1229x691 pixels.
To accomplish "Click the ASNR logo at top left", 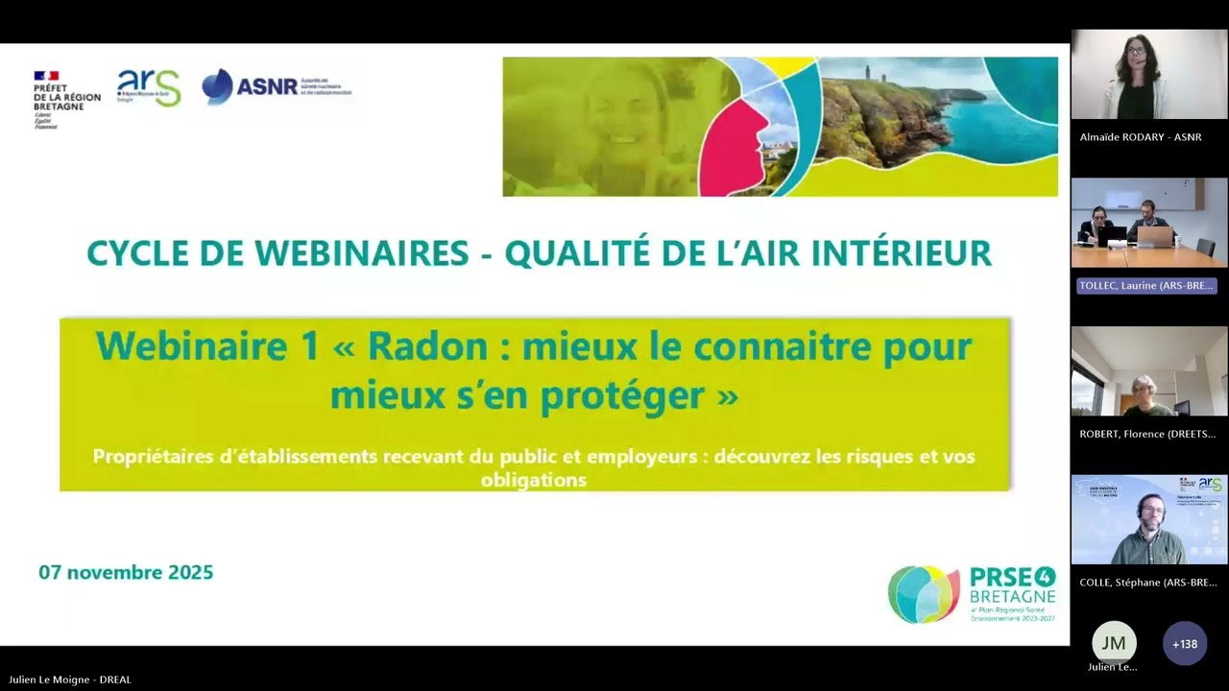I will pos(277,86).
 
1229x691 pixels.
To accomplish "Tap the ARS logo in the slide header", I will pos(149,87).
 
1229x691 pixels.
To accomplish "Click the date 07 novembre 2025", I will pos(126,573).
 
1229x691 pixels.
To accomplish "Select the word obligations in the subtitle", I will pos(534,480).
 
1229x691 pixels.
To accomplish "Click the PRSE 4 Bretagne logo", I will pos(972,594).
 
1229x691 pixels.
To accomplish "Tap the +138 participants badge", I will pos(1185,644).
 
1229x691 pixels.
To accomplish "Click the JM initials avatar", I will pos(1114,643).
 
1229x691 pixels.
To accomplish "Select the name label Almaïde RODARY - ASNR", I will pos(1141,137).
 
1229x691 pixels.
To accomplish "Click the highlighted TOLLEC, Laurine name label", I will pos(1147,286).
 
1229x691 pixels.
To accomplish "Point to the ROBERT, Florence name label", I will pos(1147,434).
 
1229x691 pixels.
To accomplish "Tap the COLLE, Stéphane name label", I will pos(1147,583).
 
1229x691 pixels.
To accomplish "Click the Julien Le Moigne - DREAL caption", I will pos(70,679).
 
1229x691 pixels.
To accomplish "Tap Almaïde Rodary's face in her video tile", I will pos(1136,51).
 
